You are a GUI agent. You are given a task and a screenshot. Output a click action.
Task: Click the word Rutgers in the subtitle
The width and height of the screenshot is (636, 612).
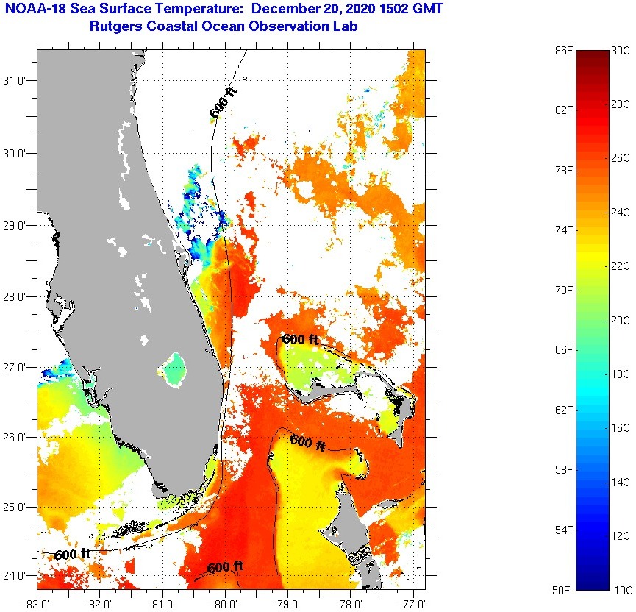tap(117, 27)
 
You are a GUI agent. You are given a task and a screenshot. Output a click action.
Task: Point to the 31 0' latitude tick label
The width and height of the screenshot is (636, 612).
tap(16, 81)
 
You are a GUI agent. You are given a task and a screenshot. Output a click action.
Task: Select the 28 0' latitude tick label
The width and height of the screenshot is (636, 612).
tap(16, 296)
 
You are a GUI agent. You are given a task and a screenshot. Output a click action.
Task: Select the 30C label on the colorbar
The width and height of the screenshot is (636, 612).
tap(621, 51)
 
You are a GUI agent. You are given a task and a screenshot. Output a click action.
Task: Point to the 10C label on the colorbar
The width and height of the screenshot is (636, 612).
tap(624, 590)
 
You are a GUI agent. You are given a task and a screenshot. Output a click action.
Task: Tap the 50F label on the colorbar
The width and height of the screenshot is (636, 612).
tap(562, 590)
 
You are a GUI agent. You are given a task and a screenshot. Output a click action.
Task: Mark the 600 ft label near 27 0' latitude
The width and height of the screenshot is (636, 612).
tap(301, 340)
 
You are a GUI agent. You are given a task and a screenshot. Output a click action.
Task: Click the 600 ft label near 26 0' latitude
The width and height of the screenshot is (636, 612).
tap(308, 442)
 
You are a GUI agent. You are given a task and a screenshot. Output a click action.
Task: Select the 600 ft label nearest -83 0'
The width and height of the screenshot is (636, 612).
tap(73, 554)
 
